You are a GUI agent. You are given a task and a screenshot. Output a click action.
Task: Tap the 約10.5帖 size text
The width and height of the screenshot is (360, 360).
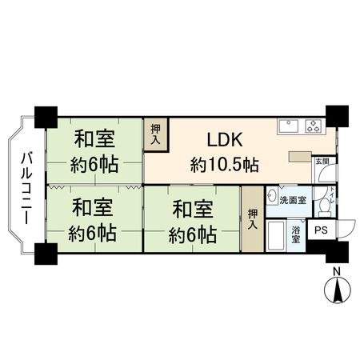[224, 165]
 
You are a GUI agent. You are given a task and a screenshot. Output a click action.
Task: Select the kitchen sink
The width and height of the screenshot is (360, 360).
[288, 125]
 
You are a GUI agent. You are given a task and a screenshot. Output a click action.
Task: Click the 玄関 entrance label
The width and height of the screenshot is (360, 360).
[321, 160]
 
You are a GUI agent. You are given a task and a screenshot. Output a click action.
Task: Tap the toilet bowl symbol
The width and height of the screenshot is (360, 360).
[323, 206]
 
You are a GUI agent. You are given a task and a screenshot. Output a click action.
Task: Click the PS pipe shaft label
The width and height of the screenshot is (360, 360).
[320, 230]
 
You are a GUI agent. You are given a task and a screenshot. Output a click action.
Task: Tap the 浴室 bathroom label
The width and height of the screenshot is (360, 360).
[296, 235]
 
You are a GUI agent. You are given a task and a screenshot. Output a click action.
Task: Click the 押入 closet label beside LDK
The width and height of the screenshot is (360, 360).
[154, 133]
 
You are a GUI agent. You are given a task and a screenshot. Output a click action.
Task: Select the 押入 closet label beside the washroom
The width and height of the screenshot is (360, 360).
[252, 219]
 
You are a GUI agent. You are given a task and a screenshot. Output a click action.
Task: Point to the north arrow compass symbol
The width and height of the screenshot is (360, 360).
[337, 290]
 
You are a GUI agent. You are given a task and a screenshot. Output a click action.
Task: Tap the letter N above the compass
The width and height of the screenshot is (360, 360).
[337, 272]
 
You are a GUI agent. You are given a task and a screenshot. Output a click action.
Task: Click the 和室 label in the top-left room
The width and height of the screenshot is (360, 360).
[94, 138]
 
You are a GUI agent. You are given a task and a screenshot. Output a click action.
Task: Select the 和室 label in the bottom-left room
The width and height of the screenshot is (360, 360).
[91, 208]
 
